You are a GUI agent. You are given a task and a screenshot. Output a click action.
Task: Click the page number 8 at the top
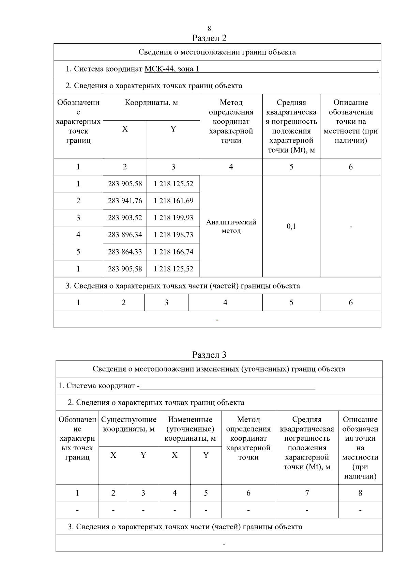(209, 28)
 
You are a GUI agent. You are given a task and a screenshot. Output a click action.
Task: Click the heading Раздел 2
(209, 38)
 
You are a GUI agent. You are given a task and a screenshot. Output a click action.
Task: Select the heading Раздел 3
(209, 355)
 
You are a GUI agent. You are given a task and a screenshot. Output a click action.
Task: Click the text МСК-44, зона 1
(172, 69)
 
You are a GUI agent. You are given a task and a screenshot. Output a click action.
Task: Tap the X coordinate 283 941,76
(125, 201)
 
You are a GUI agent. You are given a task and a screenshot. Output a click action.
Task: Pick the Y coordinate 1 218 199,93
(173, 218)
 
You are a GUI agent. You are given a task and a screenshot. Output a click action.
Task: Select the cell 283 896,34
(125, 235)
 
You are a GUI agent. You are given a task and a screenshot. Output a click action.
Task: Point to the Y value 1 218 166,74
(173, 252)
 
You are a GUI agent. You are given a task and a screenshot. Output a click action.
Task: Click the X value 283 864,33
(125, 252)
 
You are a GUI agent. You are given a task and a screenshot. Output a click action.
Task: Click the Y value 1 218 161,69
(173, 201)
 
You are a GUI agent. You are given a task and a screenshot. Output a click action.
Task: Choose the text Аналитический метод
(231, 226)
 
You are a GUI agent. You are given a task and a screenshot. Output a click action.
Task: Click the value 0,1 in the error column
(291, 226)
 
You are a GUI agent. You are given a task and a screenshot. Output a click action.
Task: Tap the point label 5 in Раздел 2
(78, 252)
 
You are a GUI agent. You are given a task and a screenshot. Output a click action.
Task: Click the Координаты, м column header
(151, 103)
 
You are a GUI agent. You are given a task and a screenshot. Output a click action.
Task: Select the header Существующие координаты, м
(129, 424)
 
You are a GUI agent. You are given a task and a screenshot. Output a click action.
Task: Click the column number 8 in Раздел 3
(360, 493)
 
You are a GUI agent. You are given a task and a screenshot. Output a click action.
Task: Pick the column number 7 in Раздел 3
(307, 493)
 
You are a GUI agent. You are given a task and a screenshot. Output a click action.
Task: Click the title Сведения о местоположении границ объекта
(217, 52)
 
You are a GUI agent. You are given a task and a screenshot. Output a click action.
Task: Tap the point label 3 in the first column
(78, 218)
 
